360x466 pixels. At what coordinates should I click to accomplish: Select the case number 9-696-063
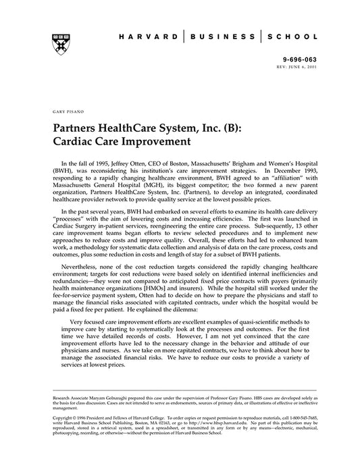click(x=301, y=59)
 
